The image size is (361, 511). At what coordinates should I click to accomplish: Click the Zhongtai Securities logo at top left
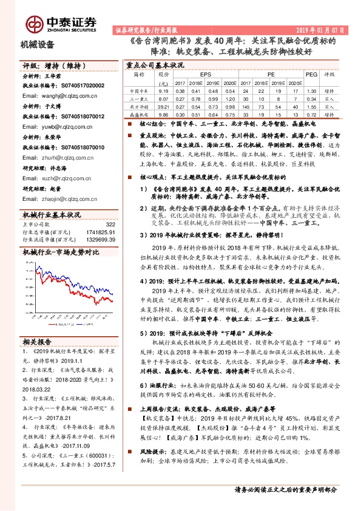[x=61, y=24]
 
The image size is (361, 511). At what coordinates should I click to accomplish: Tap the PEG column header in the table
[x=311, y=74]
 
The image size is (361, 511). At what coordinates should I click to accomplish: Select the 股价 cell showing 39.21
[x=162, y=106]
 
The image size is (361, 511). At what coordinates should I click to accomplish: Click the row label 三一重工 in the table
[x=138, y=98]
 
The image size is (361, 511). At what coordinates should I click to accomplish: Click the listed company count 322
[x=110, y=225]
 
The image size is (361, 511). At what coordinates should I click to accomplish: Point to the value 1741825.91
[x=101, y=232]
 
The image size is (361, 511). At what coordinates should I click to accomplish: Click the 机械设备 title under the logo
[x=38, y=45]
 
